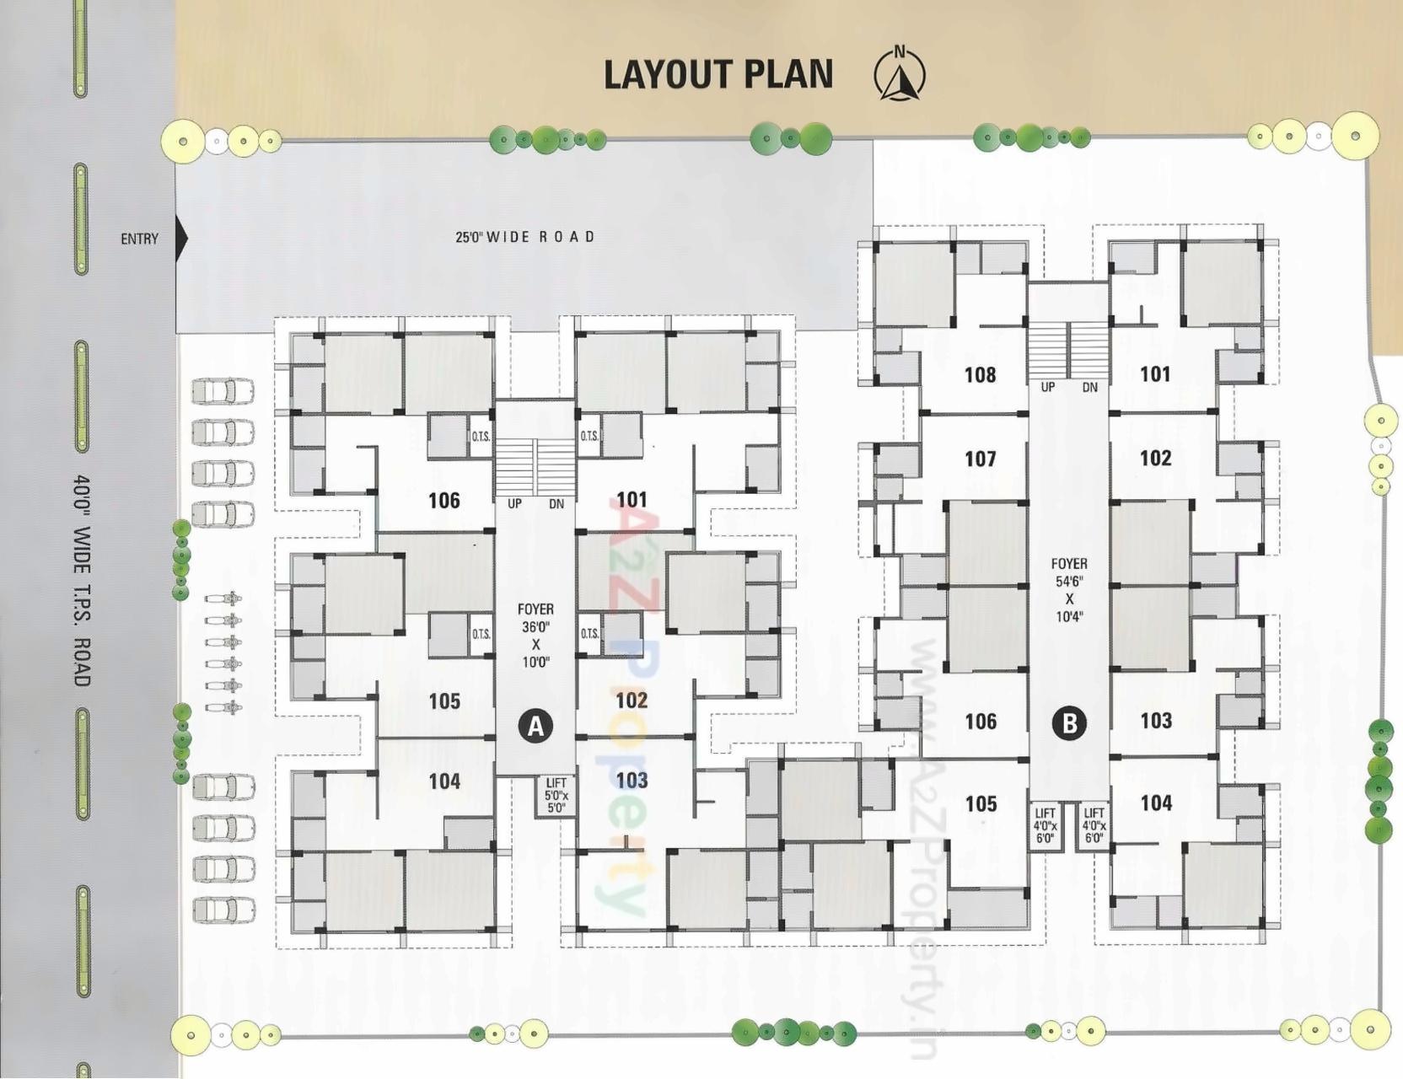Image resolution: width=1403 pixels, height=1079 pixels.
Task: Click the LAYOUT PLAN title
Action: tap(718, 74)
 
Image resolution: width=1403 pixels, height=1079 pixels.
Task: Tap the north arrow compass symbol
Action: tap(900, 75)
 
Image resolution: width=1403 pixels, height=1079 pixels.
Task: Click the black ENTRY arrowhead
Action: tap(181, 239)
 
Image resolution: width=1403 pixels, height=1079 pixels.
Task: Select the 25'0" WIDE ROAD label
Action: tap(524, 237)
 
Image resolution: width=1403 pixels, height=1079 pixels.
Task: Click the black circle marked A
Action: tap(535, 725)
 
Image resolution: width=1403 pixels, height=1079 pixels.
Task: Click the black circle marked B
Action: tap(1069, 722)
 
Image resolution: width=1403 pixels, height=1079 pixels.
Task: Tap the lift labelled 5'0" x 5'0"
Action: tap(556, 795)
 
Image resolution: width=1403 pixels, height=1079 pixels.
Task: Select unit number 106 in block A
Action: tap(444, 500)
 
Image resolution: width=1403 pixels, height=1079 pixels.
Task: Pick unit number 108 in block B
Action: tap(980, 374)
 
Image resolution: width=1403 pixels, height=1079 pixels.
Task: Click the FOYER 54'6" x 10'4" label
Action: tap(1068, 589)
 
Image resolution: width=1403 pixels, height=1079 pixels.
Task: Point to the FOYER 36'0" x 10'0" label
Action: tap(535, 635)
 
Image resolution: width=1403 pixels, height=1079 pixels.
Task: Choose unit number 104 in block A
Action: tap(444, 781)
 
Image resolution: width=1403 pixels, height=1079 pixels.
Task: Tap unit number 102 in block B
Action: tap(1155, 458)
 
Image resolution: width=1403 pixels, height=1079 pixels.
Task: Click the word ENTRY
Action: tap(139, 239)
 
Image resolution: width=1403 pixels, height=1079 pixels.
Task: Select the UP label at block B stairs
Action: tap(1047, 387)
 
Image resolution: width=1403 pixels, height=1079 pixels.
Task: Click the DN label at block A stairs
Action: tap(556, 503)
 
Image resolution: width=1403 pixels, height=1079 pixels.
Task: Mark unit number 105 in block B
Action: tap(981, 803)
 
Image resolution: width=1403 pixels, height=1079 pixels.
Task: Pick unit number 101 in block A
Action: tap(632, 500)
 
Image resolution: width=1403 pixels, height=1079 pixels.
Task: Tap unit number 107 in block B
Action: tap(980, 459)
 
